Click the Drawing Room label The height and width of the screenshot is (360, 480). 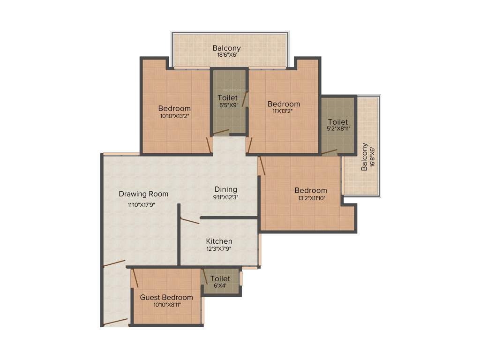[143, 194]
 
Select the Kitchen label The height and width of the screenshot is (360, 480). [219, 241]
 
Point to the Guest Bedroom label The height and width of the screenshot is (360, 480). [166, 297]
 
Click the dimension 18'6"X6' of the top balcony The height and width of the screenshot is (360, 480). [226, 55]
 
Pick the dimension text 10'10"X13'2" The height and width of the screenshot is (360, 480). [174, 115]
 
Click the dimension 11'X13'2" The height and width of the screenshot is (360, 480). [284, 111]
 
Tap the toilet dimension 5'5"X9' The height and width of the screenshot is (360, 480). [228, 105]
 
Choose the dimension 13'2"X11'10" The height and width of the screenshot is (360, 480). [310, 198]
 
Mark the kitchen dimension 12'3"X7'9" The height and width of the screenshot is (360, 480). [219, 249]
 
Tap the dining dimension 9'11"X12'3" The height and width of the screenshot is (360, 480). [225, 197]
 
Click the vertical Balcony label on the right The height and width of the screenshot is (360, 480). [364, 157]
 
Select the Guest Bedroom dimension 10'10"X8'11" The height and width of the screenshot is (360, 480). [166, 305]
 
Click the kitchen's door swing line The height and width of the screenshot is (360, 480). [190, 221]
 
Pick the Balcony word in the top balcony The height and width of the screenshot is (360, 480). [226, 48]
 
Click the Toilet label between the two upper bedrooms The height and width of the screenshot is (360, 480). [228, 97]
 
